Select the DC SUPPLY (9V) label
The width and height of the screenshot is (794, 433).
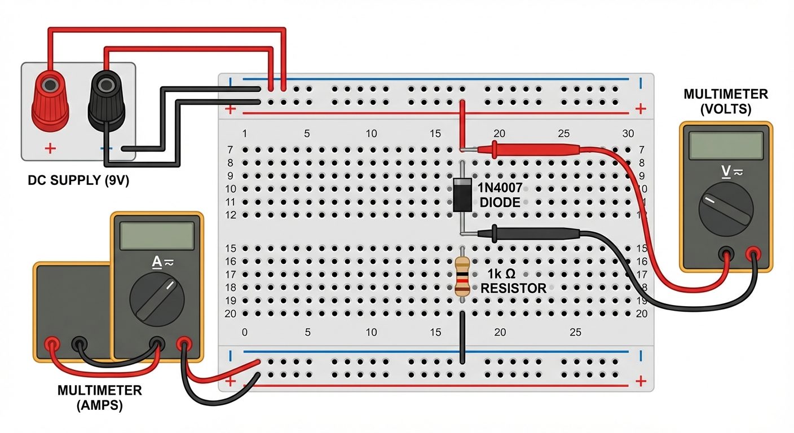[78, 182]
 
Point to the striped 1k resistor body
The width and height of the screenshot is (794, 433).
[462, 276]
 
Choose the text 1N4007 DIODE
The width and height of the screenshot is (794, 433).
[499, 195]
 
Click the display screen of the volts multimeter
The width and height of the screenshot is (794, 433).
[725, 146]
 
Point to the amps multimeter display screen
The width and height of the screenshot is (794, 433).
[157, 236]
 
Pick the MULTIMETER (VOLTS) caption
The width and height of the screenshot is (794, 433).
[725, 101]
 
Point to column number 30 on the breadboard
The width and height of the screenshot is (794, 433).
[628, 134]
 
